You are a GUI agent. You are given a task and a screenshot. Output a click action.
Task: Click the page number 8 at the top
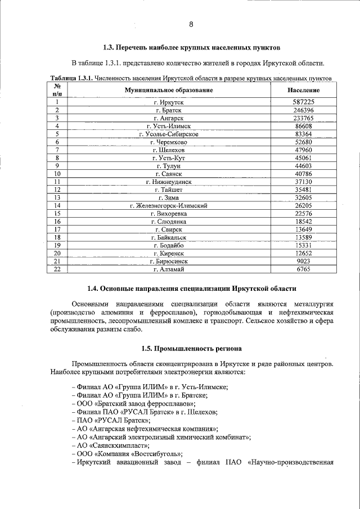coord(191,24)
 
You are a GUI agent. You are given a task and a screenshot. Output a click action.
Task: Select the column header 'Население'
coord(303,90)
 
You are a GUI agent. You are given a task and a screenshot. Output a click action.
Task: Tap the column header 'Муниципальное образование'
coord(169,90)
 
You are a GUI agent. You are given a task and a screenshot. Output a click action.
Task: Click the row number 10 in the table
coord(57,174)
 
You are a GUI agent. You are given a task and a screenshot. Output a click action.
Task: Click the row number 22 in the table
coord(57,269)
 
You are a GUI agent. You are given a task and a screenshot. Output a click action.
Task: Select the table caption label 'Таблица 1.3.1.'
coord(71,77)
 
